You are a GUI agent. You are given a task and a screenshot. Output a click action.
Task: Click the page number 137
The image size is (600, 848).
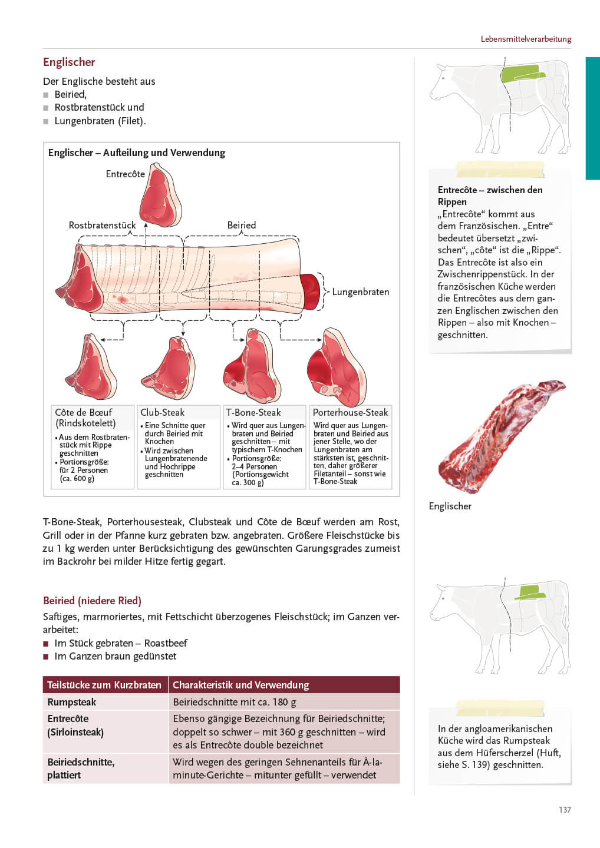pyautogui.click(x=565, y=810)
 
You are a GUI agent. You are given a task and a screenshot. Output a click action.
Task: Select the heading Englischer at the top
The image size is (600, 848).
pyautogui.click(x=69, y=62)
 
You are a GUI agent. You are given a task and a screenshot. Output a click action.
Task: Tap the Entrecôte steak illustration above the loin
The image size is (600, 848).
pyautogui.click(x=160, y=196)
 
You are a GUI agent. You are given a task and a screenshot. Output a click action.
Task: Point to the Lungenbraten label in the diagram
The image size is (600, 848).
pyautogui.click(x=360, y=292)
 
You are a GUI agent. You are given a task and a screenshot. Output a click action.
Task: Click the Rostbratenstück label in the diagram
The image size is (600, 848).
pyautogui.click(x=102, y=226)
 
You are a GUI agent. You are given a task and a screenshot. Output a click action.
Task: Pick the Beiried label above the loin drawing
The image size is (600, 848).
pyautogui.click(x=242, y=226)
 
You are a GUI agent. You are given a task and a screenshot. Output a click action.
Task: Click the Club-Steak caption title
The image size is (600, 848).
pyautogui.click(x=162, y=413)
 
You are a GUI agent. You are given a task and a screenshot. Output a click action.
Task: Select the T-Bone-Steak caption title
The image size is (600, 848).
pyautogui.click(x=253, y=413)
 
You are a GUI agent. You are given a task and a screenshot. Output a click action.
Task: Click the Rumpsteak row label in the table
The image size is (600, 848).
pyautogui.click(x=72, y=702)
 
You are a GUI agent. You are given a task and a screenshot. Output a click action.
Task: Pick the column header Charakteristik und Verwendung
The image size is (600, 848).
pyautogui.click(x=240, y=685)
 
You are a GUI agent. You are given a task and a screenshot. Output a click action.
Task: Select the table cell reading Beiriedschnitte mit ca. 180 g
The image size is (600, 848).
pyautogui.click(x=235, y=702)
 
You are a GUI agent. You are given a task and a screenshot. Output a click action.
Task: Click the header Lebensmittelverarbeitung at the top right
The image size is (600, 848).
pyautogui.click(x=526, y=39)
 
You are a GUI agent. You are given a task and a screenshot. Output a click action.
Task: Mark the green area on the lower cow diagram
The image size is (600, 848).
pyautogui.click(x=530, y=592)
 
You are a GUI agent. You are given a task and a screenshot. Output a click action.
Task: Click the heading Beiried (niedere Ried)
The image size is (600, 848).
pyautogui.click(x=92, y=601)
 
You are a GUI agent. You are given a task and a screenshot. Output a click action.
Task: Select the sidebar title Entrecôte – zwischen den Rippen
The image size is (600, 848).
pyautogui.click(x=490, y=196)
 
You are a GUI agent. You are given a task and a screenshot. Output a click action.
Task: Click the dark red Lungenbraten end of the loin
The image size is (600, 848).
pyautogui.click(x=310, y=291)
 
